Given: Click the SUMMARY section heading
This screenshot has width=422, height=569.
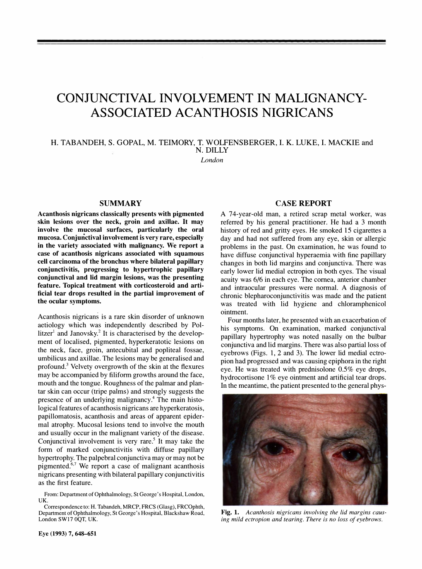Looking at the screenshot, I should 121,203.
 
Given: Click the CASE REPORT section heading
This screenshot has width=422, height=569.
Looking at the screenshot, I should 303,203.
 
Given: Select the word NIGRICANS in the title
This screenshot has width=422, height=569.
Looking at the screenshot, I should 290,112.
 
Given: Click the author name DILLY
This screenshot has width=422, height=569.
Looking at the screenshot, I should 211,151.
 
